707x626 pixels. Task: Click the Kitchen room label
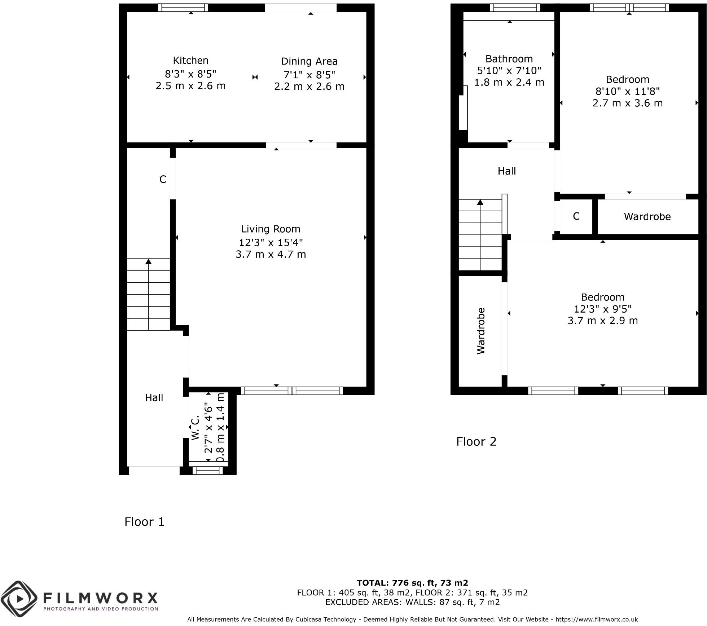[x=190, y=60]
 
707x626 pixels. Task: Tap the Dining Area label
[x=309, y=61]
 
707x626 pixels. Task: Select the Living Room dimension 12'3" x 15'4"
[x=271, y=242]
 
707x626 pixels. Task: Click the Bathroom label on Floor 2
[x=509, y=59]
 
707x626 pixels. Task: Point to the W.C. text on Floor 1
[x=196, y=428]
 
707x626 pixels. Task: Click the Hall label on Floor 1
[x=154, y=398]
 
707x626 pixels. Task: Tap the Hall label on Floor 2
[x=506, y=171]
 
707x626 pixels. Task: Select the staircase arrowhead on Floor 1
[x=148, y=261]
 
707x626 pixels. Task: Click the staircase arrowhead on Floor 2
[x=480, y=202]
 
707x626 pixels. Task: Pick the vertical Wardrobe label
[x=481, y=331]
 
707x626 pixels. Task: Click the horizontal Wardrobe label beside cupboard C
[x=647, y=217]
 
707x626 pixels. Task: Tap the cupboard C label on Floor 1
[x=163, y=179]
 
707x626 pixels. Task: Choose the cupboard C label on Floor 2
[x=576, y=216]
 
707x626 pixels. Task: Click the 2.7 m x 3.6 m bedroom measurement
[x=627, y=103]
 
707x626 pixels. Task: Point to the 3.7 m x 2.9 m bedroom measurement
[x=602, y=321]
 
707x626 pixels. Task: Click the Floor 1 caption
[x=144, y=522]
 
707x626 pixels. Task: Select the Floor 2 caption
[x=476, y=442]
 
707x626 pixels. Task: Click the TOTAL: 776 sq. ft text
[x=412, y=583]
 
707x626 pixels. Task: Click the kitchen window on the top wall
[x=183, y=8]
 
